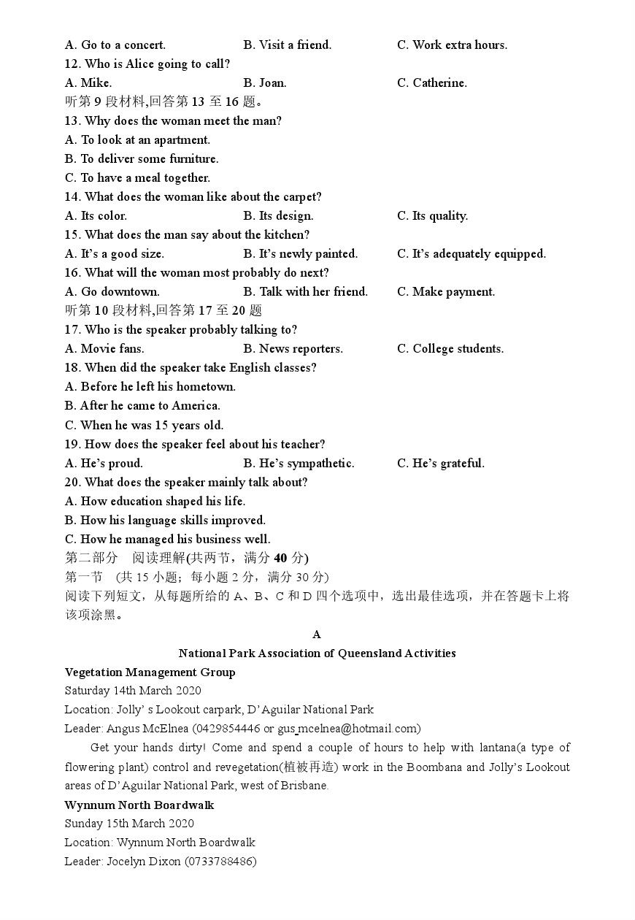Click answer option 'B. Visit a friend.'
[287, 45]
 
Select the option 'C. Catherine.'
[431, 83]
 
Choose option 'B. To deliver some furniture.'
[142, 159]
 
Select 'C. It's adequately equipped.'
[471, 254]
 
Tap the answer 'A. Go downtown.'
[112, 292]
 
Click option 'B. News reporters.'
[293, 349]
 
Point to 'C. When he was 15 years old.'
[144, 425]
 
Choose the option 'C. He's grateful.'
[440, 464]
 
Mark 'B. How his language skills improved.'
[165, 521]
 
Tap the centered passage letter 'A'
[317, 635]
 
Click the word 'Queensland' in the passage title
[369, 653]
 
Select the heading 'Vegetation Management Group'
[150, 672]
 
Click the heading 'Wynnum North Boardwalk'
[139, 805]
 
